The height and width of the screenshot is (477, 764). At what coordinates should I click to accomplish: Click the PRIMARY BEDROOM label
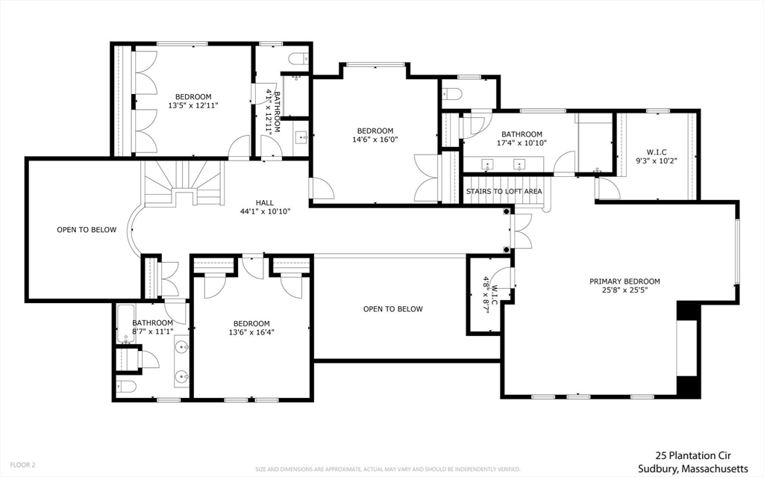pos(624,281)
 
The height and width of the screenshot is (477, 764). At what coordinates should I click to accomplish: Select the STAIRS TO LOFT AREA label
pos(504,191)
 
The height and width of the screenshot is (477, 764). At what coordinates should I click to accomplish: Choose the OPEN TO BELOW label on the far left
pos(87,230)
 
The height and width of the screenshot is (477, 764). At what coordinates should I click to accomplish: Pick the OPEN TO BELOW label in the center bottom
pos(392,309)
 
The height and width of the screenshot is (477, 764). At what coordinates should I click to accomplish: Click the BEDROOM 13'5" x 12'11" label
pos(193,101)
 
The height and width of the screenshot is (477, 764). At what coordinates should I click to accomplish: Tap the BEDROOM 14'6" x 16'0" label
pos(374,134)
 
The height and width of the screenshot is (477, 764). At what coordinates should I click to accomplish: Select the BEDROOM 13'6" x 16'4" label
pos(251,329)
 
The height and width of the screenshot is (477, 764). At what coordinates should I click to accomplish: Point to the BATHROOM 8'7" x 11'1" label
pos(152,327)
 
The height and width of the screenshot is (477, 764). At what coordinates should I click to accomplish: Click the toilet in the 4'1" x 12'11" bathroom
pos(296,59)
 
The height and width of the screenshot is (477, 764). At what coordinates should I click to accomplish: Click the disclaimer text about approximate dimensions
pos(388,470)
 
